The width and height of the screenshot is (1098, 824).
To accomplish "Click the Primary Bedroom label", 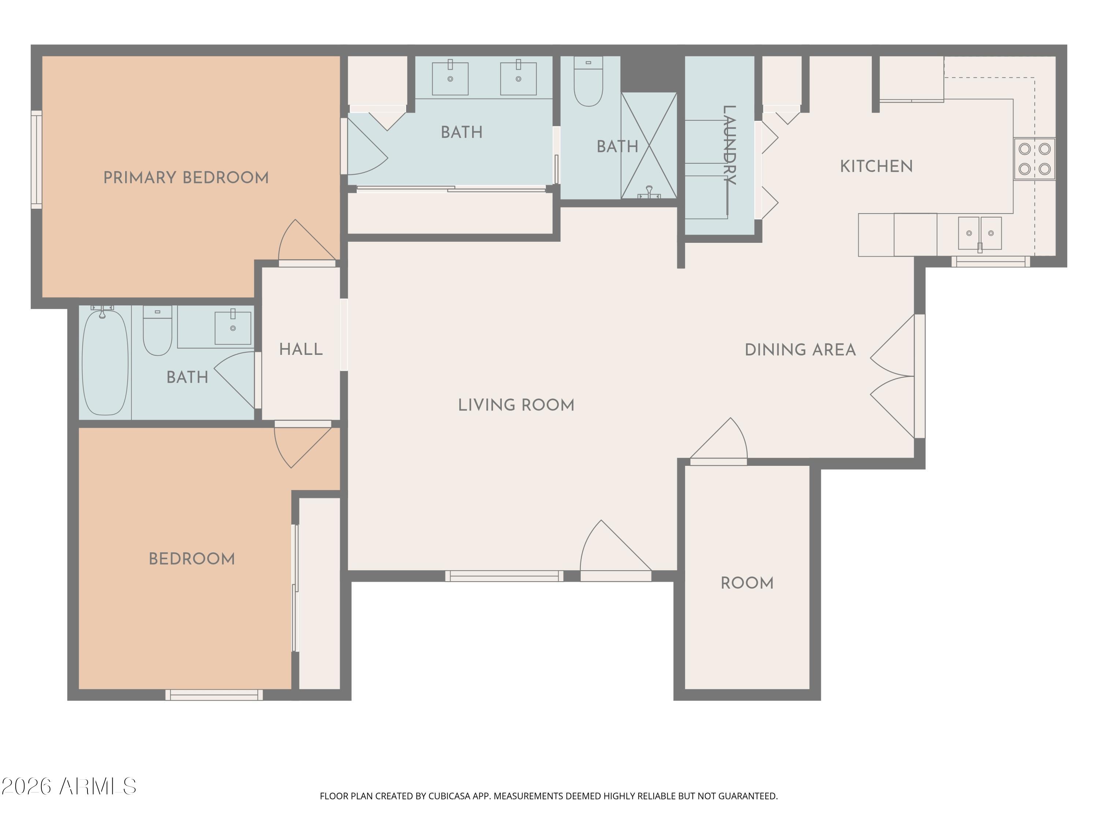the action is [x=186, y=178].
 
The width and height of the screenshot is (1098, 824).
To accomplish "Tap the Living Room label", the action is [x=516, y=405].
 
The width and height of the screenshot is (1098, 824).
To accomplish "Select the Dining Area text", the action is [x=800, y=350].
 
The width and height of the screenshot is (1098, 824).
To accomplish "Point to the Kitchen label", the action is [x=876, y=166].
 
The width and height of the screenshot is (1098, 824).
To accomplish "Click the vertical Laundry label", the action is [x=729, y=145].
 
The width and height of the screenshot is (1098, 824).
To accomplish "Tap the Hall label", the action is [x=301, y=350].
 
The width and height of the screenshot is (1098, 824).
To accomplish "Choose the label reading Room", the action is [x=747, y=583].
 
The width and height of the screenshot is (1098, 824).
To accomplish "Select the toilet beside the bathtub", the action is [x=157, y=331].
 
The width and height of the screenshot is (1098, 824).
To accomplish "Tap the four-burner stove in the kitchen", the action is [x=1034, y=159].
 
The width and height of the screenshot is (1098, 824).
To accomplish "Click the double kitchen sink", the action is [x=979, y=233].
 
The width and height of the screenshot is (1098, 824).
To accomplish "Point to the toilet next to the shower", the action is [x=588, y=81].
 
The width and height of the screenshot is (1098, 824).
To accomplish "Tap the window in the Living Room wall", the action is [x=504, y=576].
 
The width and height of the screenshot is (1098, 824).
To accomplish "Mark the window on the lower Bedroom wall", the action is [x=214, y=695].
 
